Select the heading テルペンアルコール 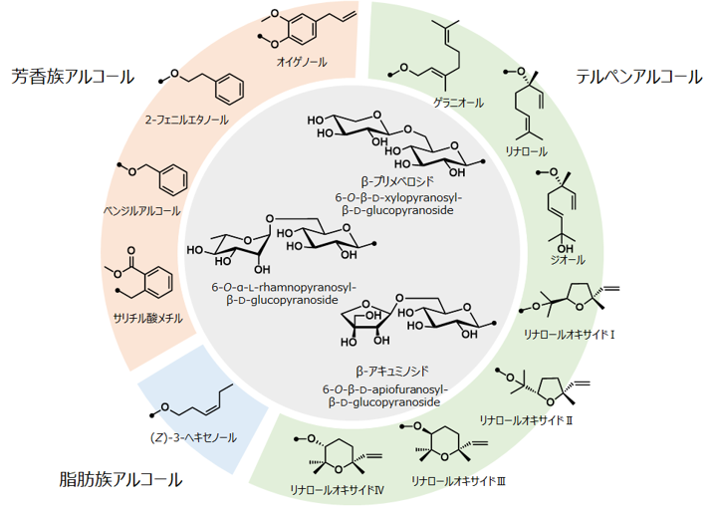click(638, 77)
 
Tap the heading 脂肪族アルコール click(120, 479)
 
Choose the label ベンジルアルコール click(142, 210)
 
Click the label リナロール click(527, 151)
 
